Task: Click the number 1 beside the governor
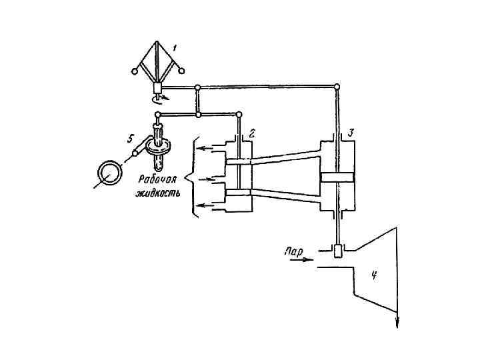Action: click(x=175, y=48)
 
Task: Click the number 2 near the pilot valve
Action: click(x=252, y=133)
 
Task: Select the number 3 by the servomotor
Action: click(x=351, y=133)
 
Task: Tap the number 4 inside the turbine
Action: click(x=373, y=276)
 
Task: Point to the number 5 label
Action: click(x=130, y=139)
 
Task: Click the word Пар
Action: click(x=293, y=252)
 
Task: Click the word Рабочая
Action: click(x=157, y=179)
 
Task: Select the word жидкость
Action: click(x=158, y=193)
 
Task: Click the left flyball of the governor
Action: click(x=134, y=71)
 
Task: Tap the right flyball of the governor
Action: click(x=182, y=71)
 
